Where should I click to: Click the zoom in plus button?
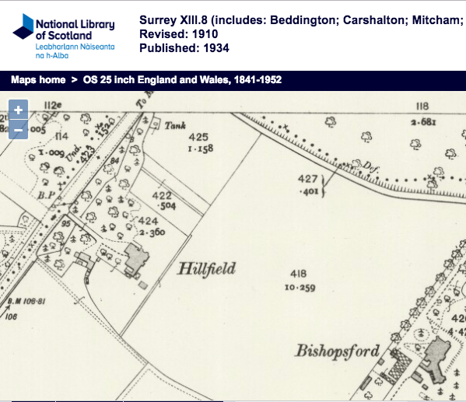[x=19, y=111]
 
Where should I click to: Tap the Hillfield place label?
[x=206, y=269]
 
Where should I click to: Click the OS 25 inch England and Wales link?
[x=182, y=80]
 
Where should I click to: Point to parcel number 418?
[x=297, y=274]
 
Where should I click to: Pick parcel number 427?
[x=308, y=179]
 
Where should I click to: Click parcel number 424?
[x=149, y=220]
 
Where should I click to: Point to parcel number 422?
[x=163, y=195]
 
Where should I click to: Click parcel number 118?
[x=422, y=107]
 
